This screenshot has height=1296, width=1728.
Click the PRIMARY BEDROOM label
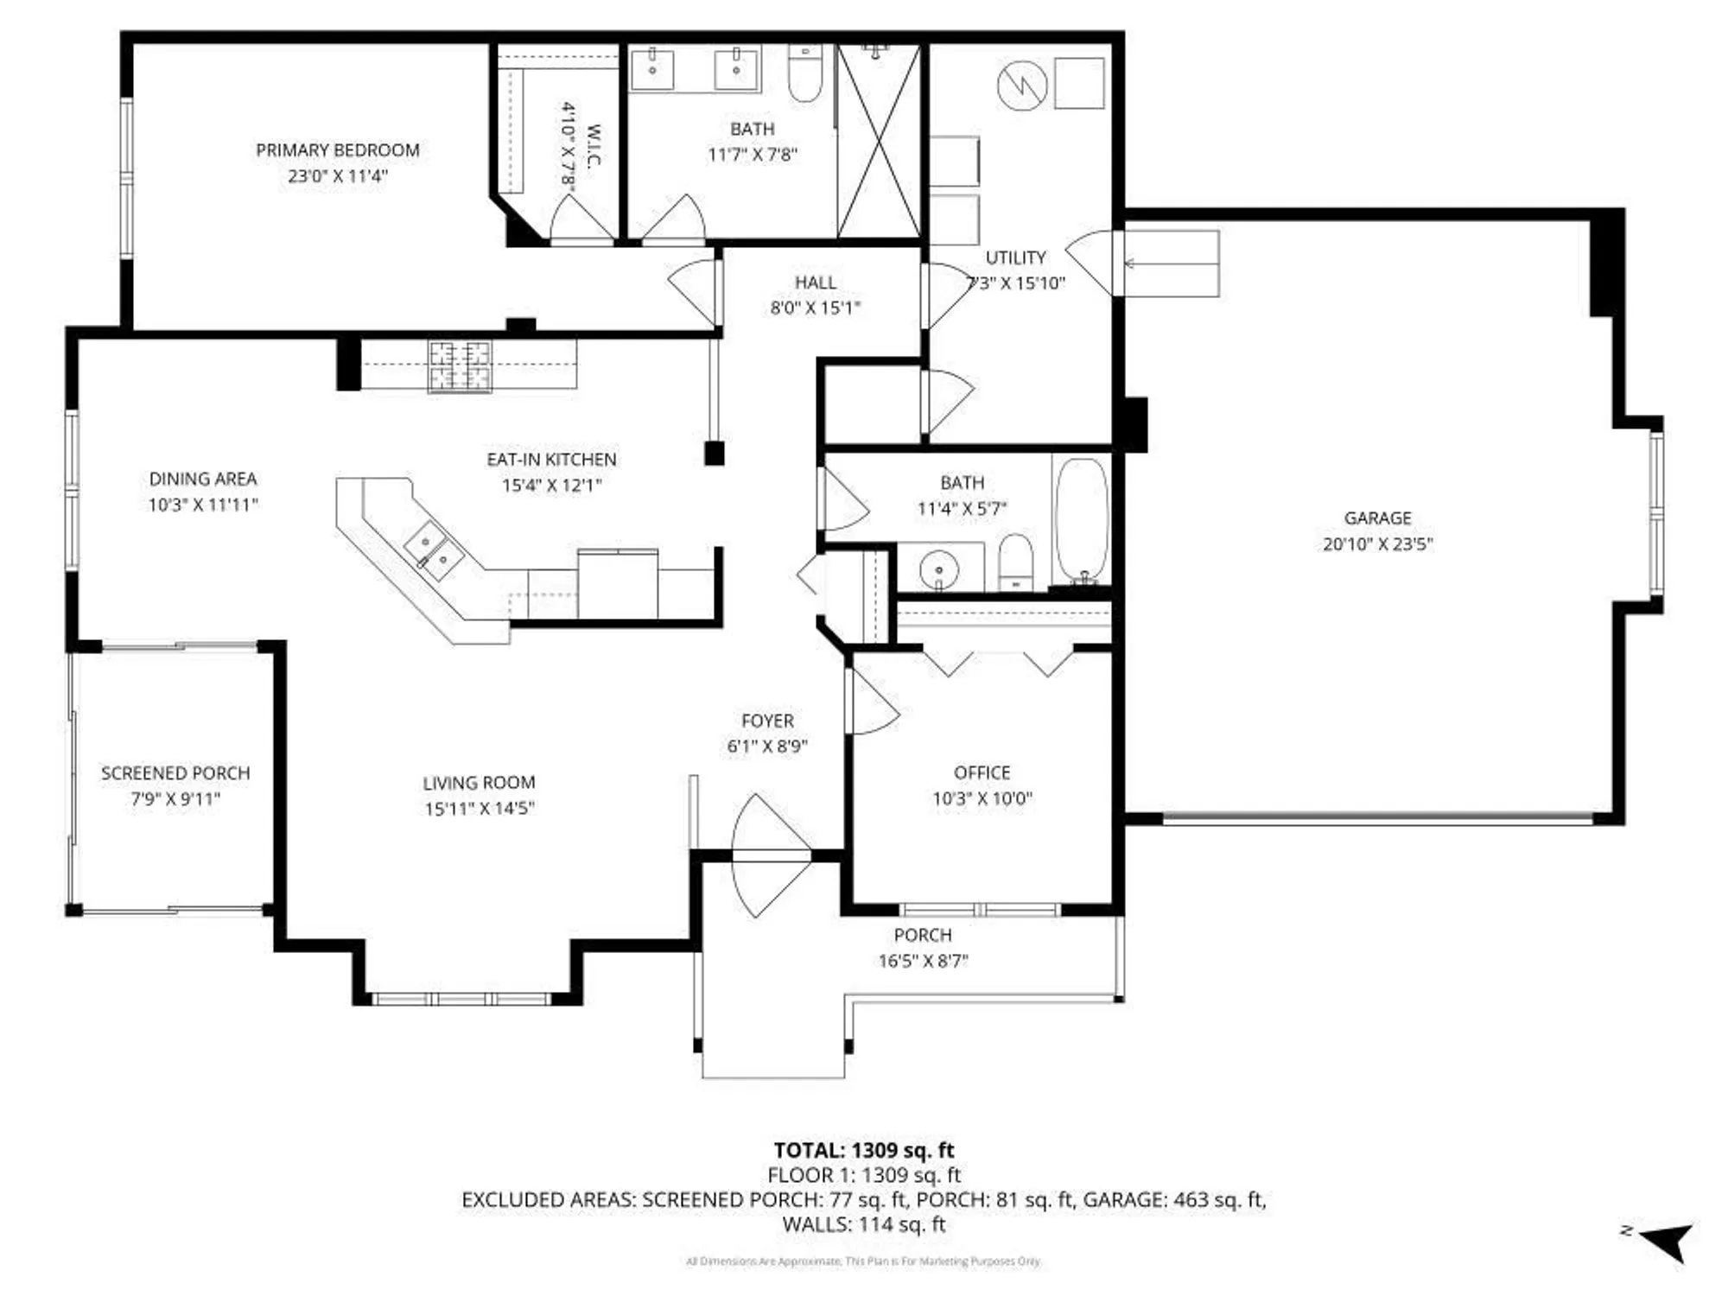click(x=337, y=150)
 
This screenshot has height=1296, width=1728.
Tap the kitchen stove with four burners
click(x=460, y=365)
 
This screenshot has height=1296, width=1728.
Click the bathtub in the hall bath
click(x=1081, y=521)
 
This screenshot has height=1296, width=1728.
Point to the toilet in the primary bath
click(x=804, y=75)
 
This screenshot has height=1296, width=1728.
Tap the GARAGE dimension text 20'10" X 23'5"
click(x=1377, y=544)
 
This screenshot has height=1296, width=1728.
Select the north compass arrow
click(x=1668, y=1242)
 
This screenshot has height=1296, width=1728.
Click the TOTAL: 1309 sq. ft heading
click(x=863, y=1150)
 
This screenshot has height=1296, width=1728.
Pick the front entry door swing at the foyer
click(x=769, y=855)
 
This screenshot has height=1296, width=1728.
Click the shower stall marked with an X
click(x=879, y=143)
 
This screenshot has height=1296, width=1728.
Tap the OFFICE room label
click(x=982, y=772)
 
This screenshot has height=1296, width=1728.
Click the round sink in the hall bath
click(x=938, y=570)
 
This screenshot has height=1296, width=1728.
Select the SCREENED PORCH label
click(x=175, y=773)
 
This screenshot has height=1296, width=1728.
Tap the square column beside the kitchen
click(x=714, y=454)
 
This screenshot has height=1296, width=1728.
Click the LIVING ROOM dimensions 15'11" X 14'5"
click(x=480, y=809)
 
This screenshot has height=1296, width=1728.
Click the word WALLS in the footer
click(x=811, y=1224)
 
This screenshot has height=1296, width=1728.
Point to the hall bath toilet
click(x=1016, y=562)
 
